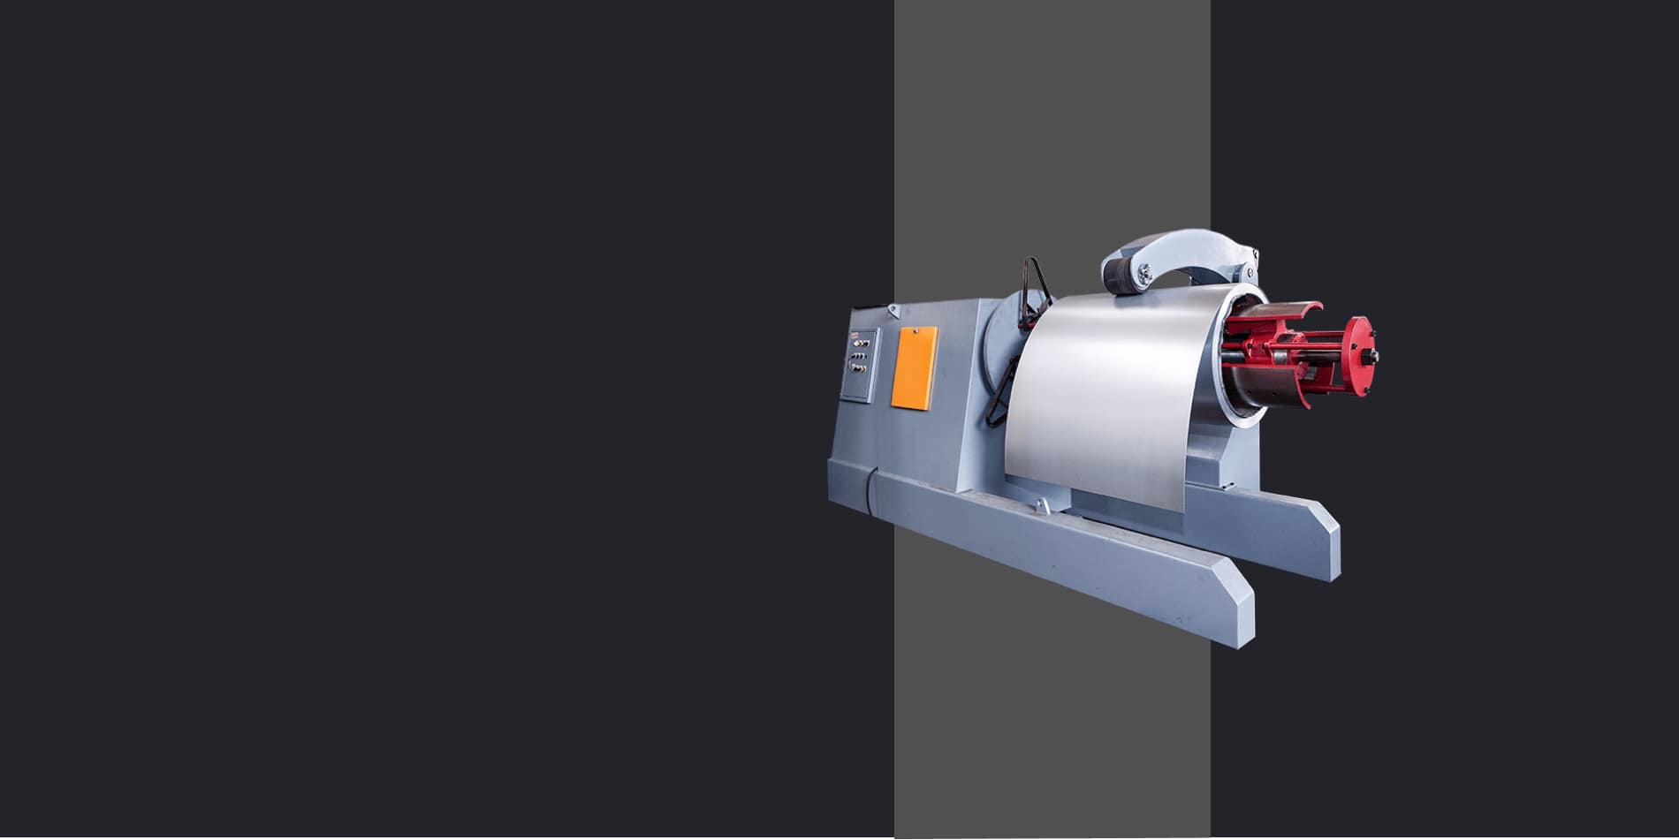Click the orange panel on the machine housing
click(914, 367)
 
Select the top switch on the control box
click(862, 342)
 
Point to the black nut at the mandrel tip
click(1372, 356)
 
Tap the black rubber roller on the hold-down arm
click(1120, 276)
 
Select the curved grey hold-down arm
click(1184, 247)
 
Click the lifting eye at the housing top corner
click(893, 310)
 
